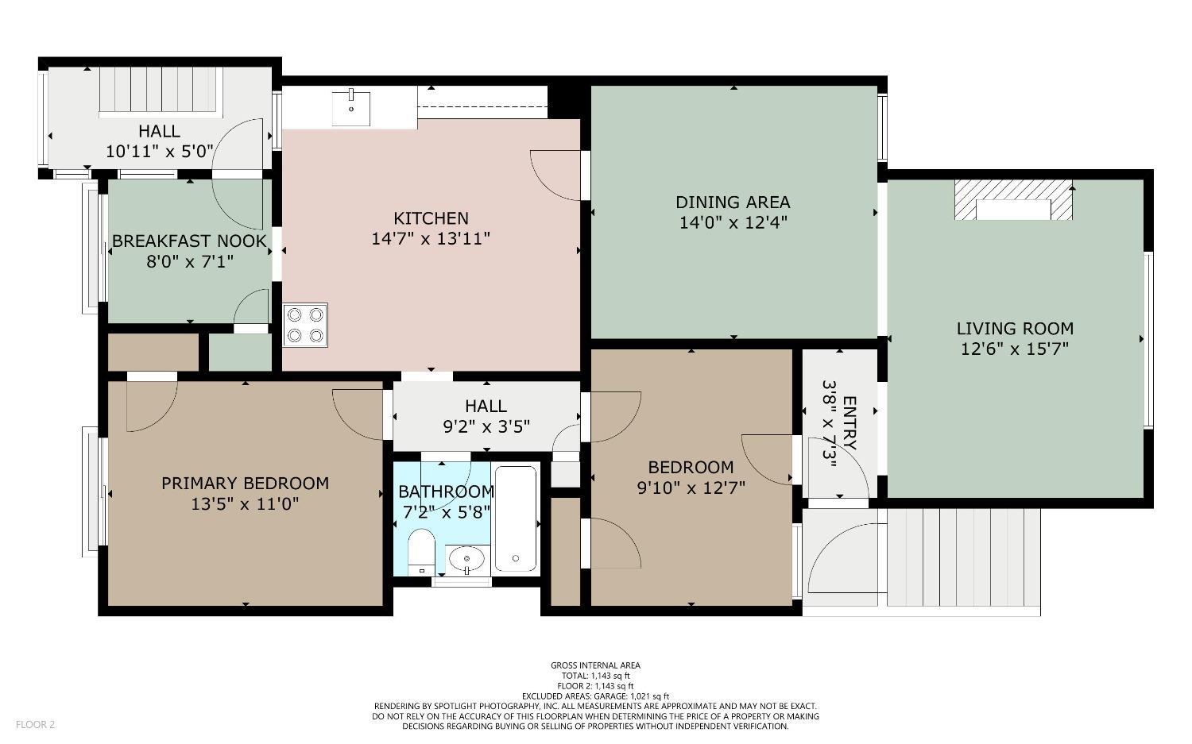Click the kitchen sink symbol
pos(350,108)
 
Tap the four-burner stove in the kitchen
pos(305,325)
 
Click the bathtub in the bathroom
pos(517,519)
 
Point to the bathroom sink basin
pos(466,560)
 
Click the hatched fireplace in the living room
pos(1012,200)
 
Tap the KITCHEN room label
pos(431,218)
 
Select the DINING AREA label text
pos(733,202)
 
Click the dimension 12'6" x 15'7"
pos(1015,349)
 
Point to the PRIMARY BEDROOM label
pos(245,483)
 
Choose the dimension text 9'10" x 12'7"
pos(691,488)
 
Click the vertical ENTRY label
pos(849,423)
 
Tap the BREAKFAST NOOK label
pos(189,241)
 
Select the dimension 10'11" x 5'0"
pos(159,151)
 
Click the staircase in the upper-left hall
pos(159,91)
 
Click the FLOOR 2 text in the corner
pos(35,724)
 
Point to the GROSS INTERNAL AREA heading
pos(595,665)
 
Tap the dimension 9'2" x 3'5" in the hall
pos(486,426)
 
